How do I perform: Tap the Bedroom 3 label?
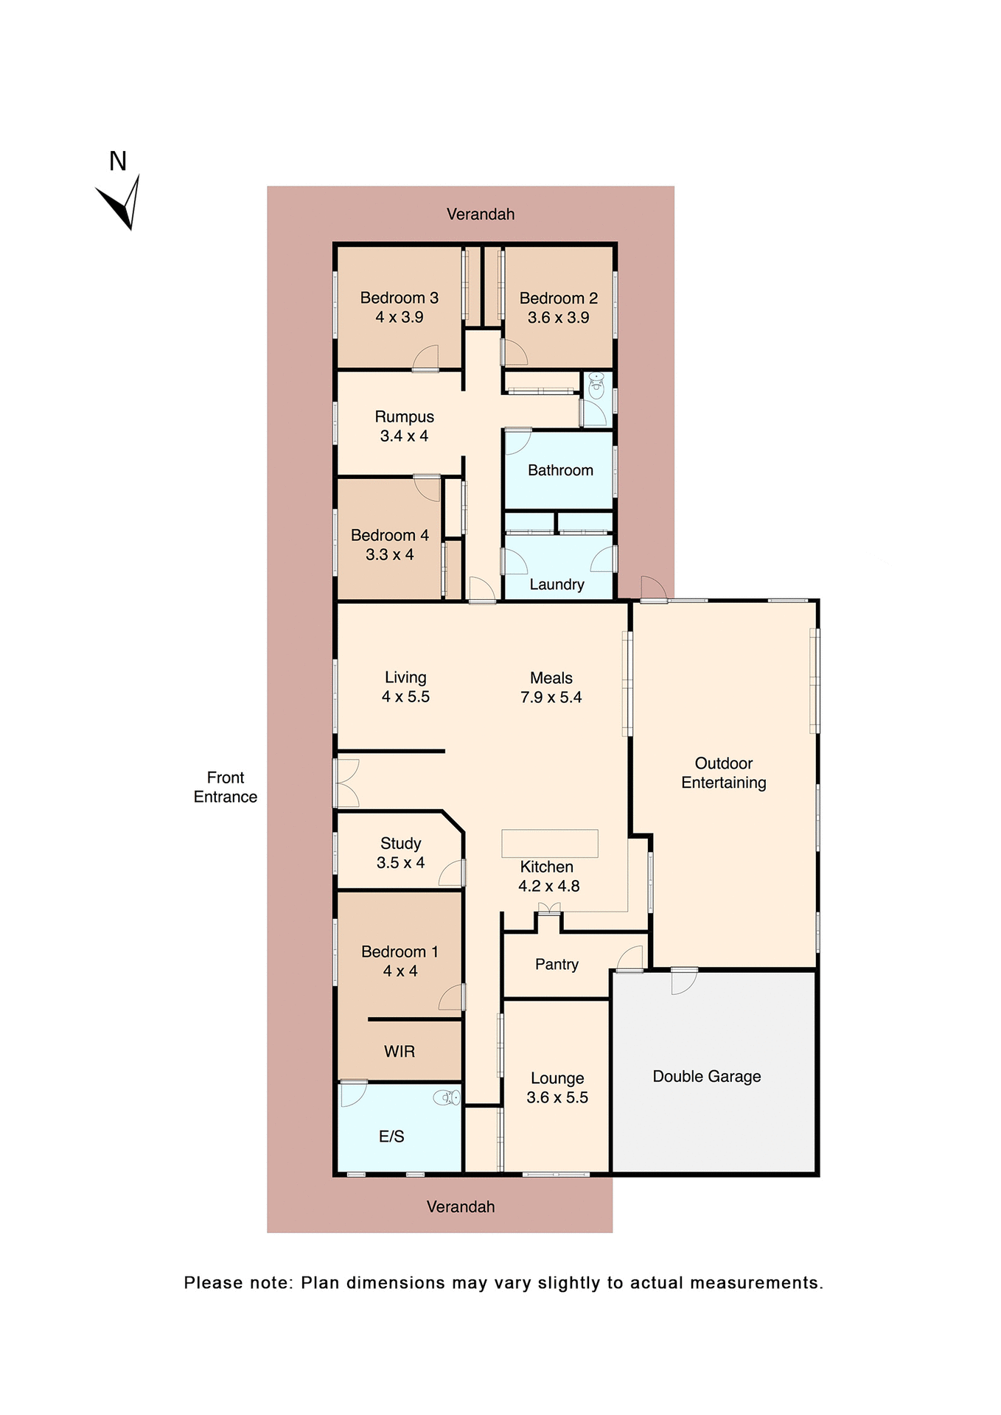tap(399, 298)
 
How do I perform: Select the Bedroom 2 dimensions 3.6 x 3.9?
tap(558, 318)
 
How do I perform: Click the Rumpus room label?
tap(404, 417)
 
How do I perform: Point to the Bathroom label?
tap(560, 470)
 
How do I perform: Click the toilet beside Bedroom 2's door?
tap(596, 385)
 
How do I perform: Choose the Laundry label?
tap(557, 584)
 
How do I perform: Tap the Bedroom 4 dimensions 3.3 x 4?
tap(389, 555)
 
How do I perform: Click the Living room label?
tap(405, 677)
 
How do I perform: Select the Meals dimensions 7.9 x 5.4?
tap(551, 697)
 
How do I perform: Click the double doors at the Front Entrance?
tap(346, 783)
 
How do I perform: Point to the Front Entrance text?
tap(225, 787)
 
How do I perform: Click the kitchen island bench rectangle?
tap(549, 843)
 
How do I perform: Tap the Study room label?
tap(400, 843)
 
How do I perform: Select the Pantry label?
tap(557, 965)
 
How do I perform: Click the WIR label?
tap(400, 1052)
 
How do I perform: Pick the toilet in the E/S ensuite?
tap(447, 1098)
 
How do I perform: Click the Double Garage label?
tap(706, 1077)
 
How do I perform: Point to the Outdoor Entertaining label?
tap(723, 773)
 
